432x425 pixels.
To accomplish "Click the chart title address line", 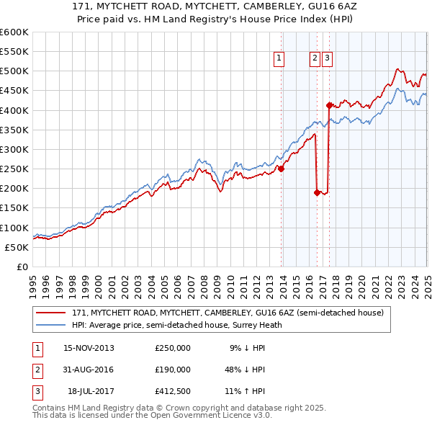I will pyautogui.click(x=215, y=6).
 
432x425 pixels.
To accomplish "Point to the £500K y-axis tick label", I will pyautogui.click(x=14, y=71).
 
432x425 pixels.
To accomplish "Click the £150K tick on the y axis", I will pyautogui.click(x=14, y=208).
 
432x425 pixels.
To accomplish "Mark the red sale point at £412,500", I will pyautogui.click(x=329, y=105).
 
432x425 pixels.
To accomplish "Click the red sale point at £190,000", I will pyautogui.click(x=318, y=192).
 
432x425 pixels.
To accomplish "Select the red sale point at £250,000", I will pyautogui.click(x=282, y=169).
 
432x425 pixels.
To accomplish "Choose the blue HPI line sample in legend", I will pyautogui.click(x=53, y=324).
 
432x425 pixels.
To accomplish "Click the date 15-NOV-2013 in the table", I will pyautogui.click(x=89, y=348).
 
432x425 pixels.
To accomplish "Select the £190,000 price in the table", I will pyautogui.click(x=172, y=370).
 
